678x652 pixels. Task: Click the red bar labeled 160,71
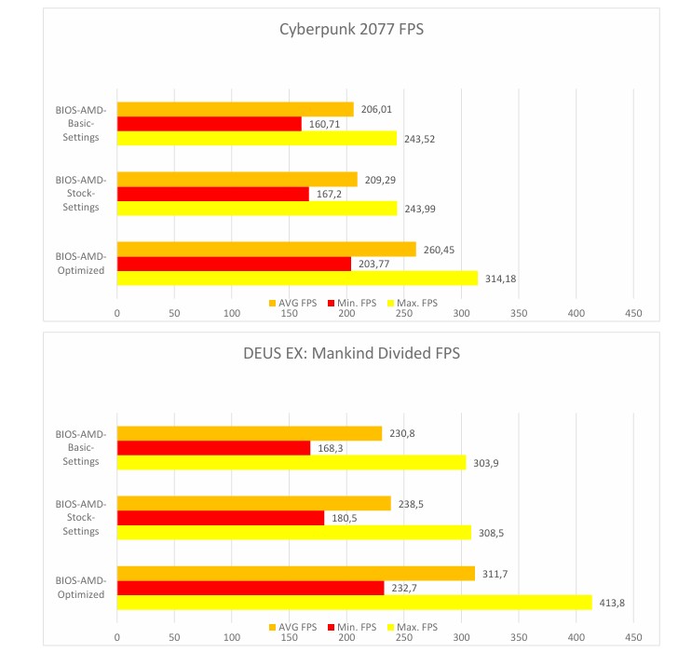pyautogui.click(x=209, y=124)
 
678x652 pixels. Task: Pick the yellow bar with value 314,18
pyautogui.click(x=297, y=278)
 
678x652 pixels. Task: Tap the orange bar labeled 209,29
pyautogui.click(x=237, y=179)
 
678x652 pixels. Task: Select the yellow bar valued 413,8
pyautogui.click(x=354, y=603)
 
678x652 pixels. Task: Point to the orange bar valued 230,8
pyautogui.click(x=249, y=433)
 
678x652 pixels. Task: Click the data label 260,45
pyautogui.click(x=439, y=249)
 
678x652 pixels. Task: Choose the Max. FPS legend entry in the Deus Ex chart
pyautogui.click(x=413, y=627)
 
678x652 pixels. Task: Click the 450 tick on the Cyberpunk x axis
pyautogui.click(x=633, y=315)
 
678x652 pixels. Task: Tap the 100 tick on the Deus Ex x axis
pyautogui.click(x=232, y=639)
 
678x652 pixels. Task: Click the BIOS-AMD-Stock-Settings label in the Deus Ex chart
pyautogui.click(x=80, y=518)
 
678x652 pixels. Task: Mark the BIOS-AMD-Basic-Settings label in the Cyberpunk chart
pyautogui.click(x=80, y=124)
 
